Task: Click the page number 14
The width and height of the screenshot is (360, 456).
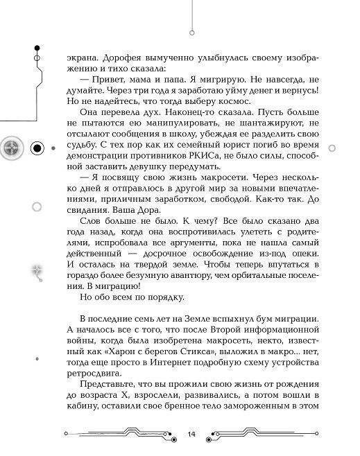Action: point(191,433)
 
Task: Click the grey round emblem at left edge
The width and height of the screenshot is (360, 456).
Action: point(12,147)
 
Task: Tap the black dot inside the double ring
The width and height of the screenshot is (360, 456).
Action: point(37,148)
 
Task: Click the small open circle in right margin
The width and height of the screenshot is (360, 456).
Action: point(331,148)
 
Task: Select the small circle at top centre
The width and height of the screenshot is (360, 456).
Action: point(190,30)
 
